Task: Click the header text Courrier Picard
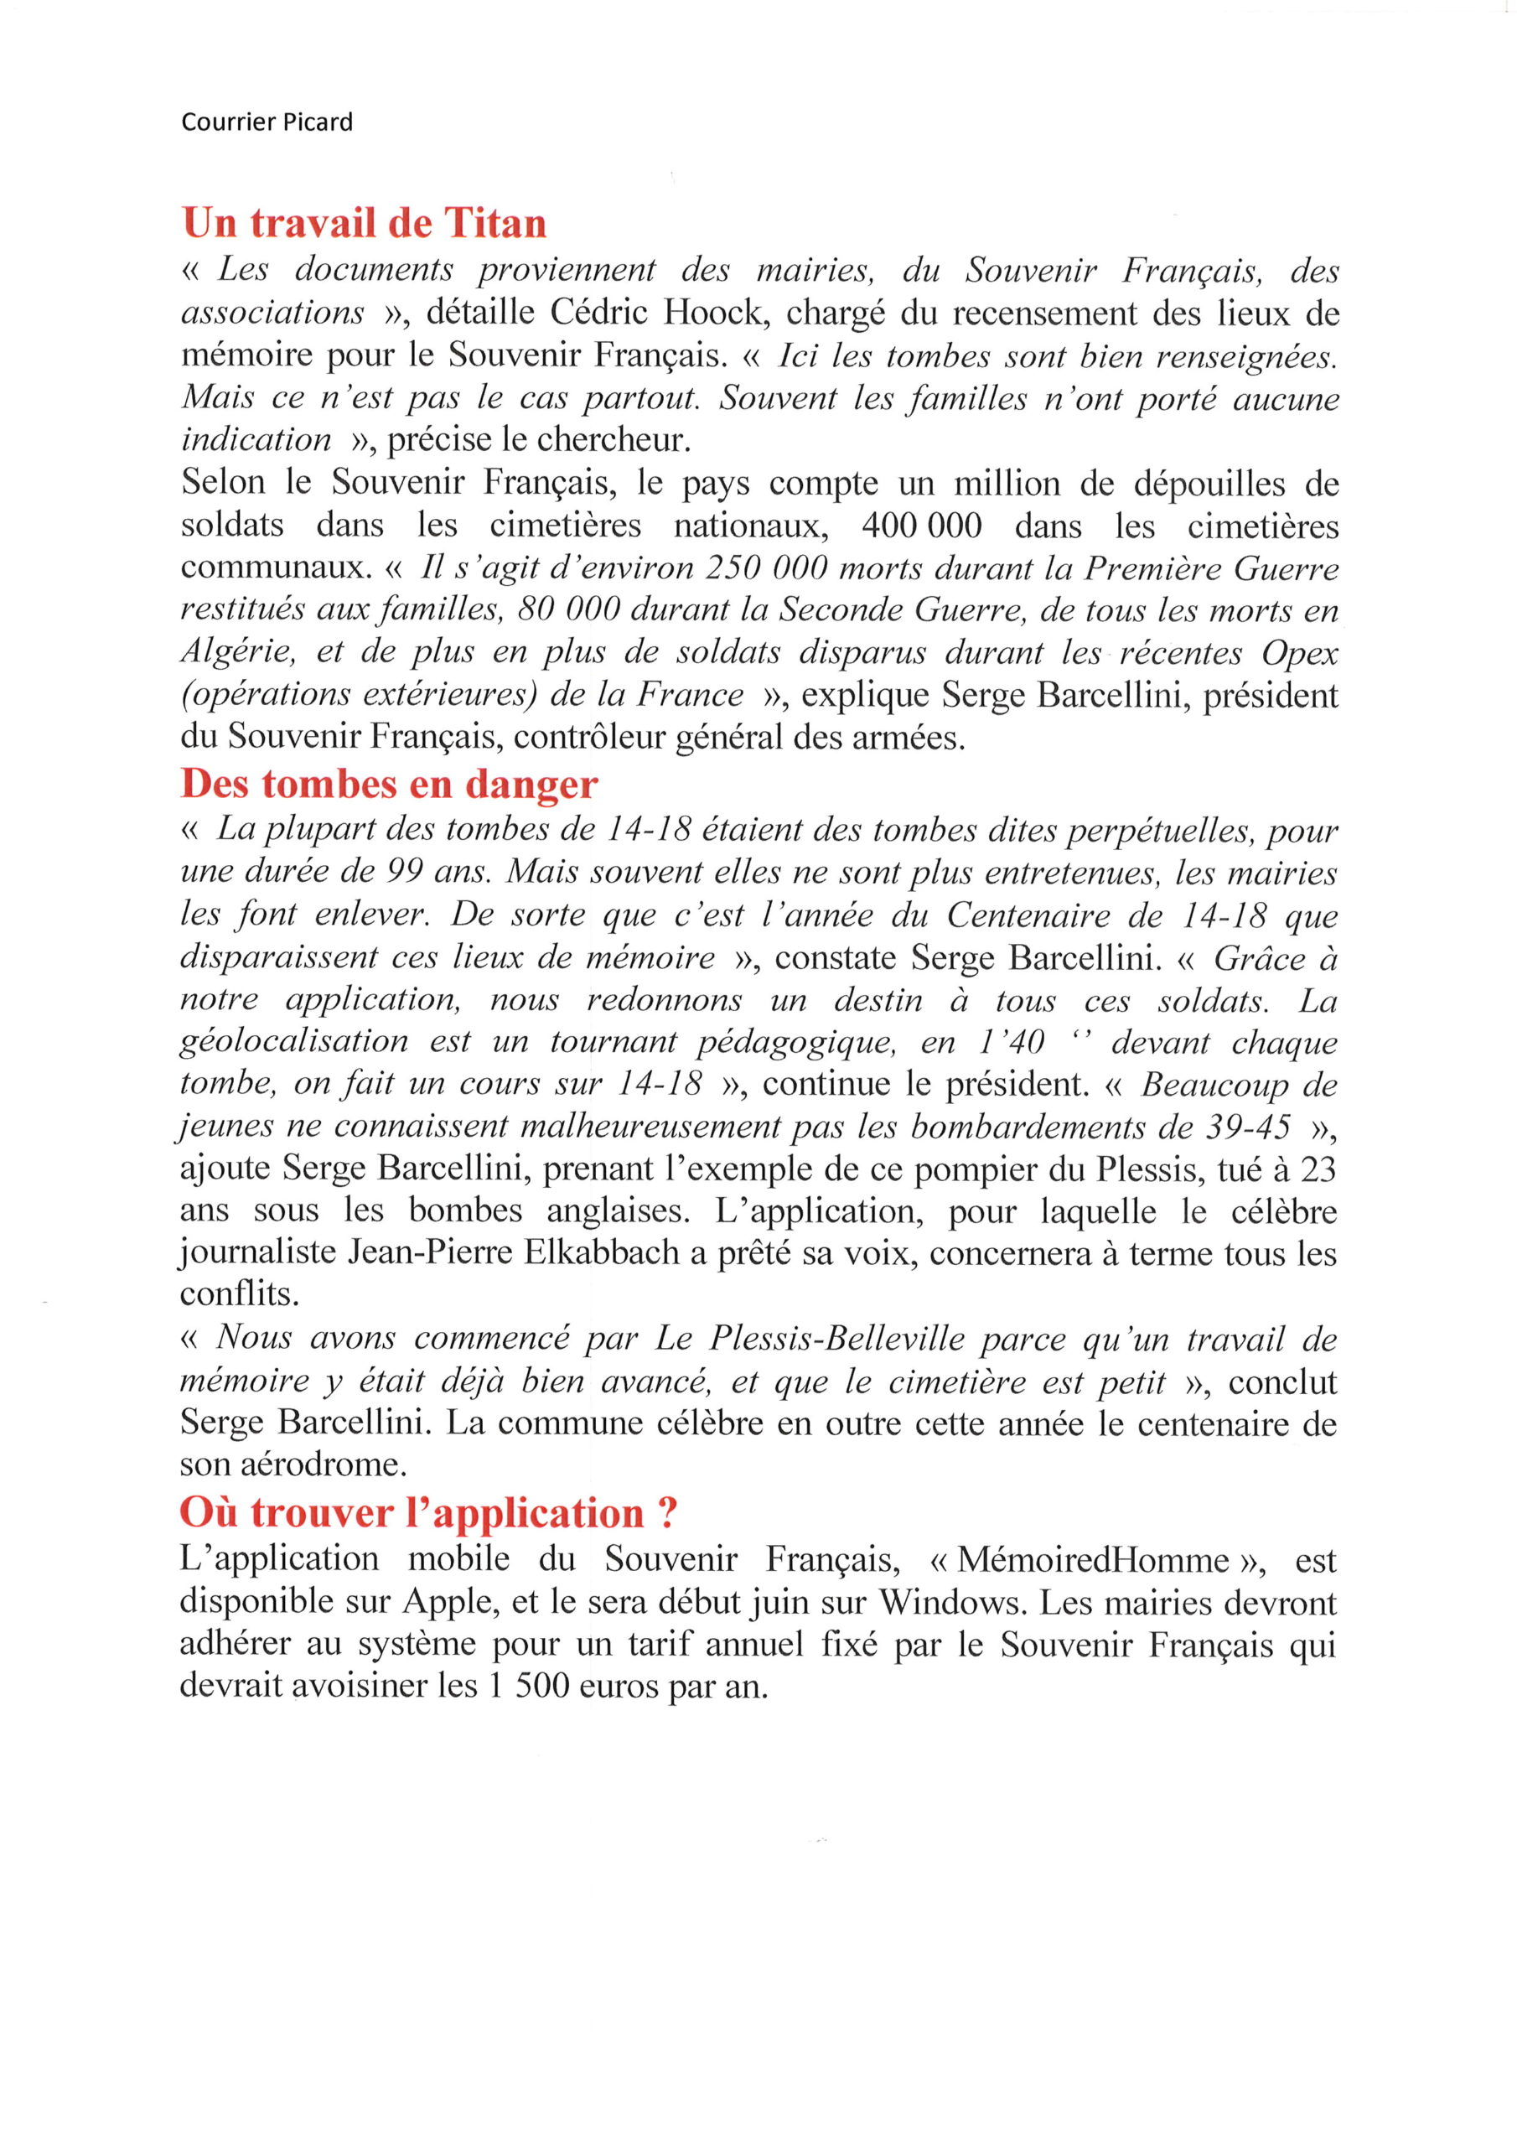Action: coord(267,122)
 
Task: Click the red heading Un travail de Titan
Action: coord(364,223)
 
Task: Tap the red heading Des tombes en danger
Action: coord(389,783)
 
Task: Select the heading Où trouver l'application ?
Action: coord(428,1512)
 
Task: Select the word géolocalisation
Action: coord(294,1041)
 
